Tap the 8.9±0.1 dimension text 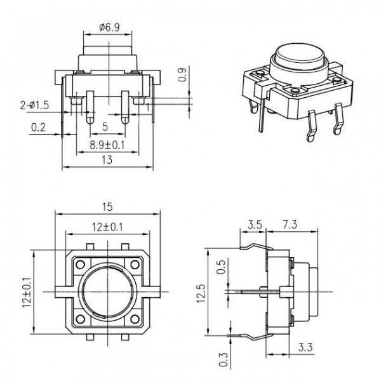point(106,144)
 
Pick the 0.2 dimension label point(39,128)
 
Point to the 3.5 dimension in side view point(255,224)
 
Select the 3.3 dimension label point(305,348)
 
